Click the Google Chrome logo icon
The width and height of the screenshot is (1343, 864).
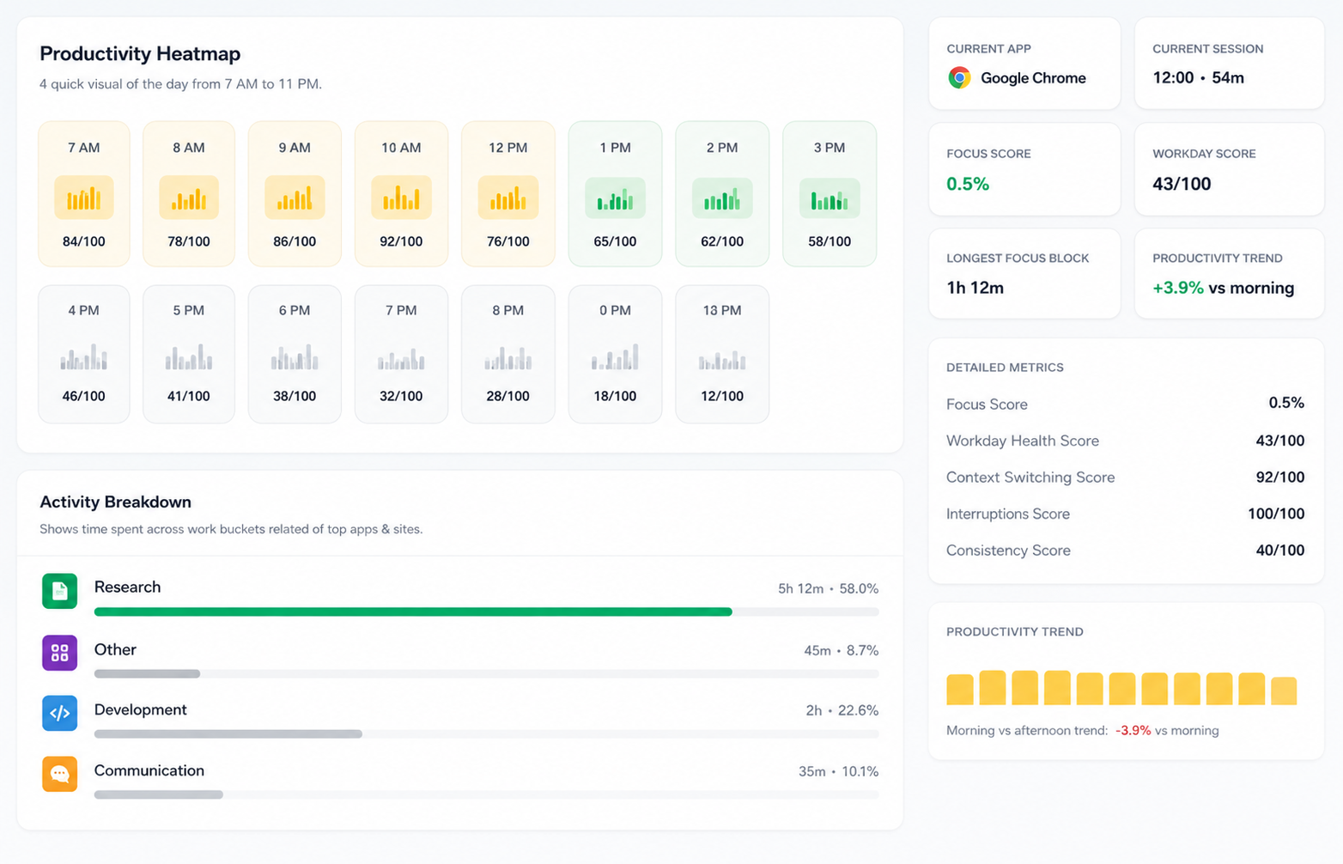959,78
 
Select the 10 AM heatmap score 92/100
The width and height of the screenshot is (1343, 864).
401,241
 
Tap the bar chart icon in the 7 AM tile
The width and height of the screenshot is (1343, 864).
84,198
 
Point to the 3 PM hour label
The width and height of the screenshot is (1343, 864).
829,148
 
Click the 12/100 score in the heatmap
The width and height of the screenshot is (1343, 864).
722,396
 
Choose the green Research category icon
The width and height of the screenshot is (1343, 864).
59,591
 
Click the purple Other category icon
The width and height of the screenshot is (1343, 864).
59,653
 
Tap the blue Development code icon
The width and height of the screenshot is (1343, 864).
59,713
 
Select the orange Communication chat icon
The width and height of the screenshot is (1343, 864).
59,774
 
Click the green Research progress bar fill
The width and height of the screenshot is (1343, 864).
413,611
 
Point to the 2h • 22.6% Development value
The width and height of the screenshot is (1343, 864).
842,710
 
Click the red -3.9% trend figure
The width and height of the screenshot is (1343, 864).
1133,730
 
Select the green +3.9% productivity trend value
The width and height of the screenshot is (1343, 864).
1177,288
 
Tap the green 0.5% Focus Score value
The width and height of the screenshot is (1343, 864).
968,184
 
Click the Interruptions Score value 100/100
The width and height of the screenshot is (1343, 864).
1276,514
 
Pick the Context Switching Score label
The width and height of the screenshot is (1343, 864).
1030,478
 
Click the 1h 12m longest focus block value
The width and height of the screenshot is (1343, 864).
975,288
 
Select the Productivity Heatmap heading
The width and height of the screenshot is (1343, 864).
140,53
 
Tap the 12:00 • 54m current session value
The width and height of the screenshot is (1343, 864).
1198,78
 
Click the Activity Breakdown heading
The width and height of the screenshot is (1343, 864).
116,502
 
